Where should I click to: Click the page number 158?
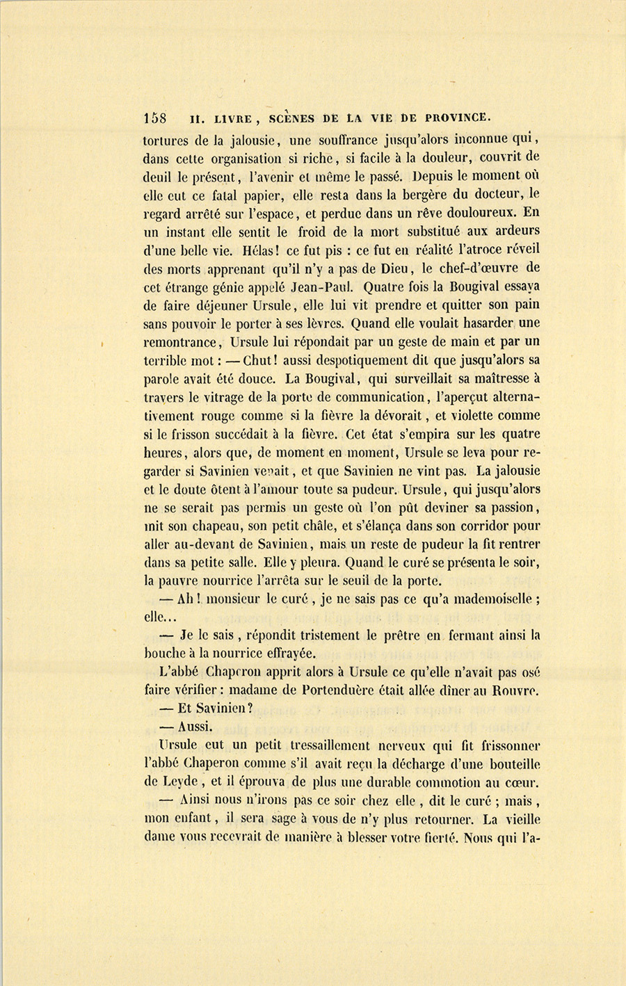[155, 118]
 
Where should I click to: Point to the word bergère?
[413, 193]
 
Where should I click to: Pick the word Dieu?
[378, 268]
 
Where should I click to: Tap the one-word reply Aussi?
[194, 726]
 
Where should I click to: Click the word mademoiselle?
[490, 599]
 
